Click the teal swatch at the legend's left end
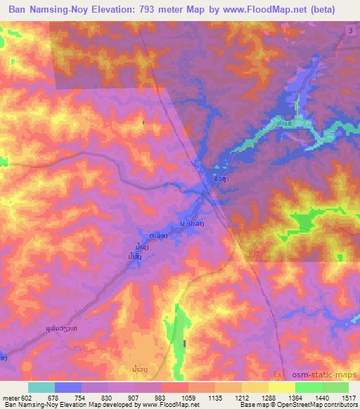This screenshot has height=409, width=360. click(41, 387)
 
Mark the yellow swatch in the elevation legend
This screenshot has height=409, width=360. click(281, 387)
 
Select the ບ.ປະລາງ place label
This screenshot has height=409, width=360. click(192, 223)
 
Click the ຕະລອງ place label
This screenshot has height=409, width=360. click(159, 237)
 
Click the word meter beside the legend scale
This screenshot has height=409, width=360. click(10, 398)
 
